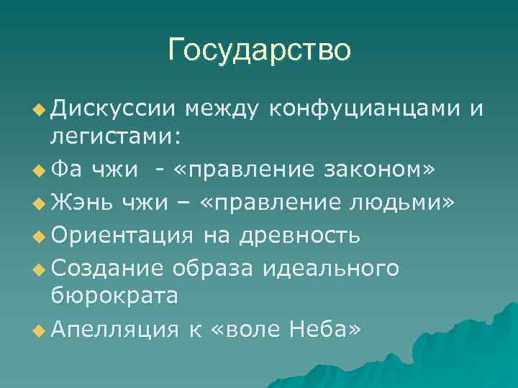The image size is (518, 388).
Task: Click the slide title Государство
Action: coord(259,50)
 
